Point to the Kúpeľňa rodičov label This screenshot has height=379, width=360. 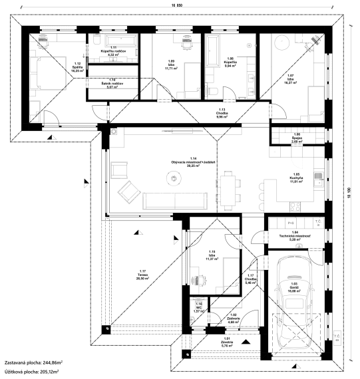[x=111, y=52]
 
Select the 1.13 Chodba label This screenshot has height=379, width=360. [x=223, y=112]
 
